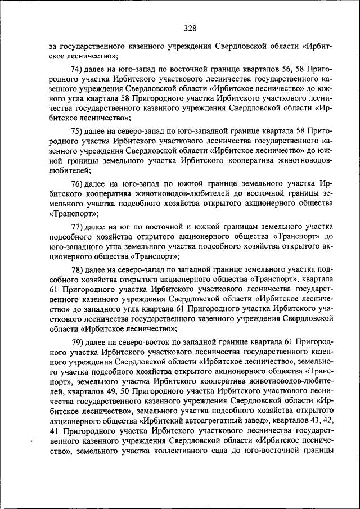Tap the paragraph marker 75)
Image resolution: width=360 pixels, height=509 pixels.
tap(79, 130)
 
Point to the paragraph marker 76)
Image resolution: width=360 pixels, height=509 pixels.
tap(79, 183)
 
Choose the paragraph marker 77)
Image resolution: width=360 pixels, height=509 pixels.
tap(79, 226)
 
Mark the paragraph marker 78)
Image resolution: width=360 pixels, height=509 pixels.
tap(79, 268)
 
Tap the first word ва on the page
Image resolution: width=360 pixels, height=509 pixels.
tap(53, 46)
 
